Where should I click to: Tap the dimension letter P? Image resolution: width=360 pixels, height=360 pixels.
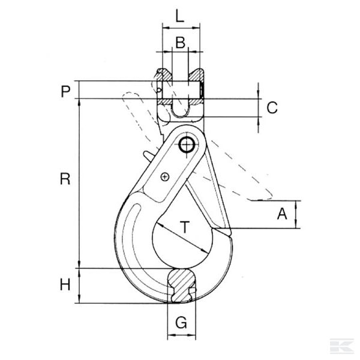point(65,91)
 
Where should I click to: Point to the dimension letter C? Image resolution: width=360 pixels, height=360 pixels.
point(272,108)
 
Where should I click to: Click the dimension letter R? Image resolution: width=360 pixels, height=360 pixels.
point(65,179)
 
